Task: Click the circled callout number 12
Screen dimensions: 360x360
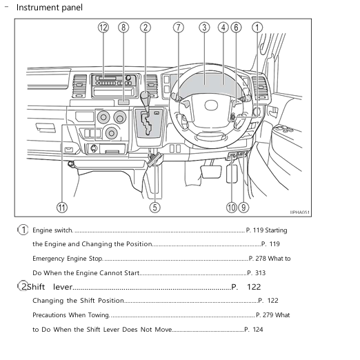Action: [103, 28]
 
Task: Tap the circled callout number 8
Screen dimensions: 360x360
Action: [123, 28]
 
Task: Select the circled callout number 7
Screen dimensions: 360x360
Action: [179, 28]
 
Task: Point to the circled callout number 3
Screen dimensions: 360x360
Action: [204, 28]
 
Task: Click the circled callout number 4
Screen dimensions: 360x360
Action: [223, 28]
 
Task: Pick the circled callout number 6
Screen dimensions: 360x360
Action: [236, 28]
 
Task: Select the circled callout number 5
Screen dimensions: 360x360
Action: [155, 206]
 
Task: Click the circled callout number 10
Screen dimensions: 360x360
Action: [232, 206]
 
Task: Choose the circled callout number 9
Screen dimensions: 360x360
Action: [244, 206]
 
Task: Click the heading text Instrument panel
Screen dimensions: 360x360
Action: [48, 8]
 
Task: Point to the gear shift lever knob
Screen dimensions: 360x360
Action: [146, 97]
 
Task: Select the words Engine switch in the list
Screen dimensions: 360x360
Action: [52, 230]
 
